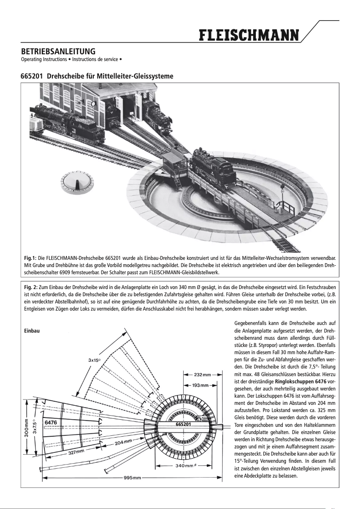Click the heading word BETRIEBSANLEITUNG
pyautogui.click(x=58, y=52)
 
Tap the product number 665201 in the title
pyautogui.click(x=32, y=77)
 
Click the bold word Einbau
pyautogui.click(x=31, y=331)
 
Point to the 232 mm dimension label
pyautogui.click(x=202, y=374)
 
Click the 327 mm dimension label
pyautogui.click(x=76, y=452)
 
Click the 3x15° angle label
pyautogui.click(x=94, y=360)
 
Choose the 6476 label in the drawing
pyautogui.click(x=50, y=422)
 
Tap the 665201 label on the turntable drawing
pyautogui.click(x=184, y=424)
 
